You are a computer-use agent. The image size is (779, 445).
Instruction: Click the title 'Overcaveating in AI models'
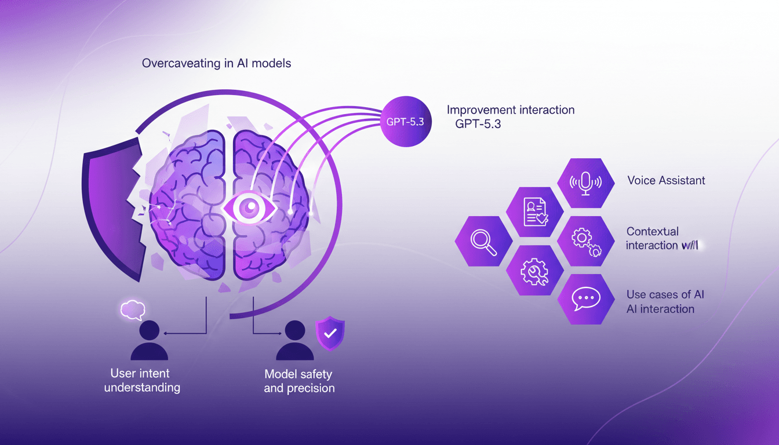[216, 63]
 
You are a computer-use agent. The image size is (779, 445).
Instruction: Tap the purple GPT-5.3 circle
[406, 121]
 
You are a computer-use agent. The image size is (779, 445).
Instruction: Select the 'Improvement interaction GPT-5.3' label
[511, 116]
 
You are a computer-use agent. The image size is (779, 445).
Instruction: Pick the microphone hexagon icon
[585, 183]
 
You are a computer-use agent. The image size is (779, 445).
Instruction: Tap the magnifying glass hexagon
[483, 241]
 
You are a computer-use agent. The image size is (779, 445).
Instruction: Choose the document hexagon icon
[534, 211]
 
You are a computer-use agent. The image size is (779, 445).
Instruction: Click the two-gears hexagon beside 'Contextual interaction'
[585, 241]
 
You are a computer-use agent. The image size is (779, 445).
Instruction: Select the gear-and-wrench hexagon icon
[534, 270]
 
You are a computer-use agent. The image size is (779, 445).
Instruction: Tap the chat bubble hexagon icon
[585, 299]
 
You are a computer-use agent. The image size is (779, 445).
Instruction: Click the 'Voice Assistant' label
[666, 180]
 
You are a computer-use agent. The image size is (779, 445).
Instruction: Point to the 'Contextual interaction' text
[661, 238]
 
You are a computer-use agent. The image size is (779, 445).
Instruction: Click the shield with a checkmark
[329, 333]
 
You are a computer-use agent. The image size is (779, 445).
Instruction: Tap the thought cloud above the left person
[132, 310]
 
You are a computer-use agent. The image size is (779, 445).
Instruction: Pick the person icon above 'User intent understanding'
[149, 341]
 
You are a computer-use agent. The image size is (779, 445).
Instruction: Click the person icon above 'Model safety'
[294, 341]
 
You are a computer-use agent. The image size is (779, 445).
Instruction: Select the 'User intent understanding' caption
[142, 380]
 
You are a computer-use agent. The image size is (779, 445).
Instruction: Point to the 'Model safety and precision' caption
[299, 381]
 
